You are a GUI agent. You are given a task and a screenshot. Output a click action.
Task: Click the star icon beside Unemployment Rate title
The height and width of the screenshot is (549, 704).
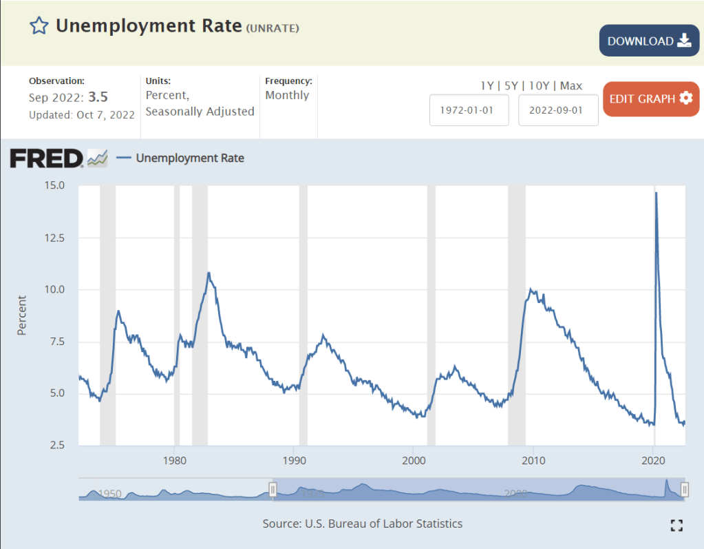click(39, 26)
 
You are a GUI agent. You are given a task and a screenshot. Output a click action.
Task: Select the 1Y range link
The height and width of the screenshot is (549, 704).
click(487, 86)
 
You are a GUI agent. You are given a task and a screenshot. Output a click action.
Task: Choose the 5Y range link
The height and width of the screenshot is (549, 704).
click(510, 86)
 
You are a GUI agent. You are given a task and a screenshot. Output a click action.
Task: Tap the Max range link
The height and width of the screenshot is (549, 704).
click(571, 86)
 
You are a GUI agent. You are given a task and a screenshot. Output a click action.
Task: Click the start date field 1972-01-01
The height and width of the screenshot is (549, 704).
click(469, 111)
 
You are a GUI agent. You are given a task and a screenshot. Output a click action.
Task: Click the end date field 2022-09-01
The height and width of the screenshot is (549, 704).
click(558, 111)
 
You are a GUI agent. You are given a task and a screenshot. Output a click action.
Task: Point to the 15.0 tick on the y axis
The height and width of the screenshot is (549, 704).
click(54, 185)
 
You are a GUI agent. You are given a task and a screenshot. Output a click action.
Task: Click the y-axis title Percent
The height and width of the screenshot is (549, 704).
click(21, 315)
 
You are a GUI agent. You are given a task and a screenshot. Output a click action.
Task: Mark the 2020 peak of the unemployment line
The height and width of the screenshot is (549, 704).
click(656, 194)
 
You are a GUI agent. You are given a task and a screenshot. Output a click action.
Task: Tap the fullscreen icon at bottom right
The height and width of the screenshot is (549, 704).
click(676, 526)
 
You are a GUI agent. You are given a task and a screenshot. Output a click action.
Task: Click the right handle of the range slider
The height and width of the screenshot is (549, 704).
click(685, 489)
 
